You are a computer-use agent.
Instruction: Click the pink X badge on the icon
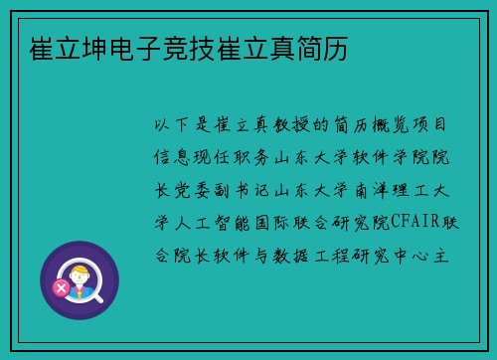click(61, 289)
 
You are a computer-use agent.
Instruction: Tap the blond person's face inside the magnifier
click(83, 271)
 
